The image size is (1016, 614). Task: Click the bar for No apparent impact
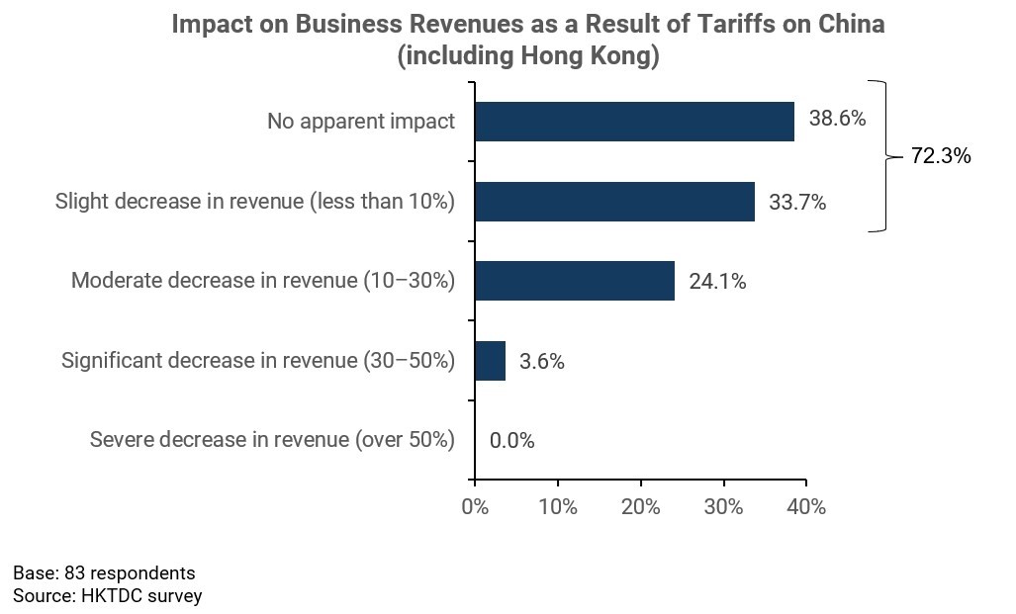634,122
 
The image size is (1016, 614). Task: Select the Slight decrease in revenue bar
614,202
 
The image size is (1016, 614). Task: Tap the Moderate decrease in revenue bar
575,281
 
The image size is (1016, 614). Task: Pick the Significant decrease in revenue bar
490,361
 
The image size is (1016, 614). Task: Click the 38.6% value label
837,120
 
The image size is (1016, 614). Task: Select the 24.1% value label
717,282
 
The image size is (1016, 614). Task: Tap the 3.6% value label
541,362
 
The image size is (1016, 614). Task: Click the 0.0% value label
511,441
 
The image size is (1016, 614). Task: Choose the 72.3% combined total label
941,156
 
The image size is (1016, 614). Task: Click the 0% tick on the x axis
475,507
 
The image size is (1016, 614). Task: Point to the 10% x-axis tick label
558,507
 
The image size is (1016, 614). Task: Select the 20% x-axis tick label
641,507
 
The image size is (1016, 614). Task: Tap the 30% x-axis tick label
723,507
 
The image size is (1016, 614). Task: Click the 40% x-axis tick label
806,507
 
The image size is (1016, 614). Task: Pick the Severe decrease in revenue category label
272,440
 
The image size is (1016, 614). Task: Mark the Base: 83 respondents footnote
104,573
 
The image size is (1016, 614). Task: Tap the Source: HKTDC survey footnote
107,596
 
